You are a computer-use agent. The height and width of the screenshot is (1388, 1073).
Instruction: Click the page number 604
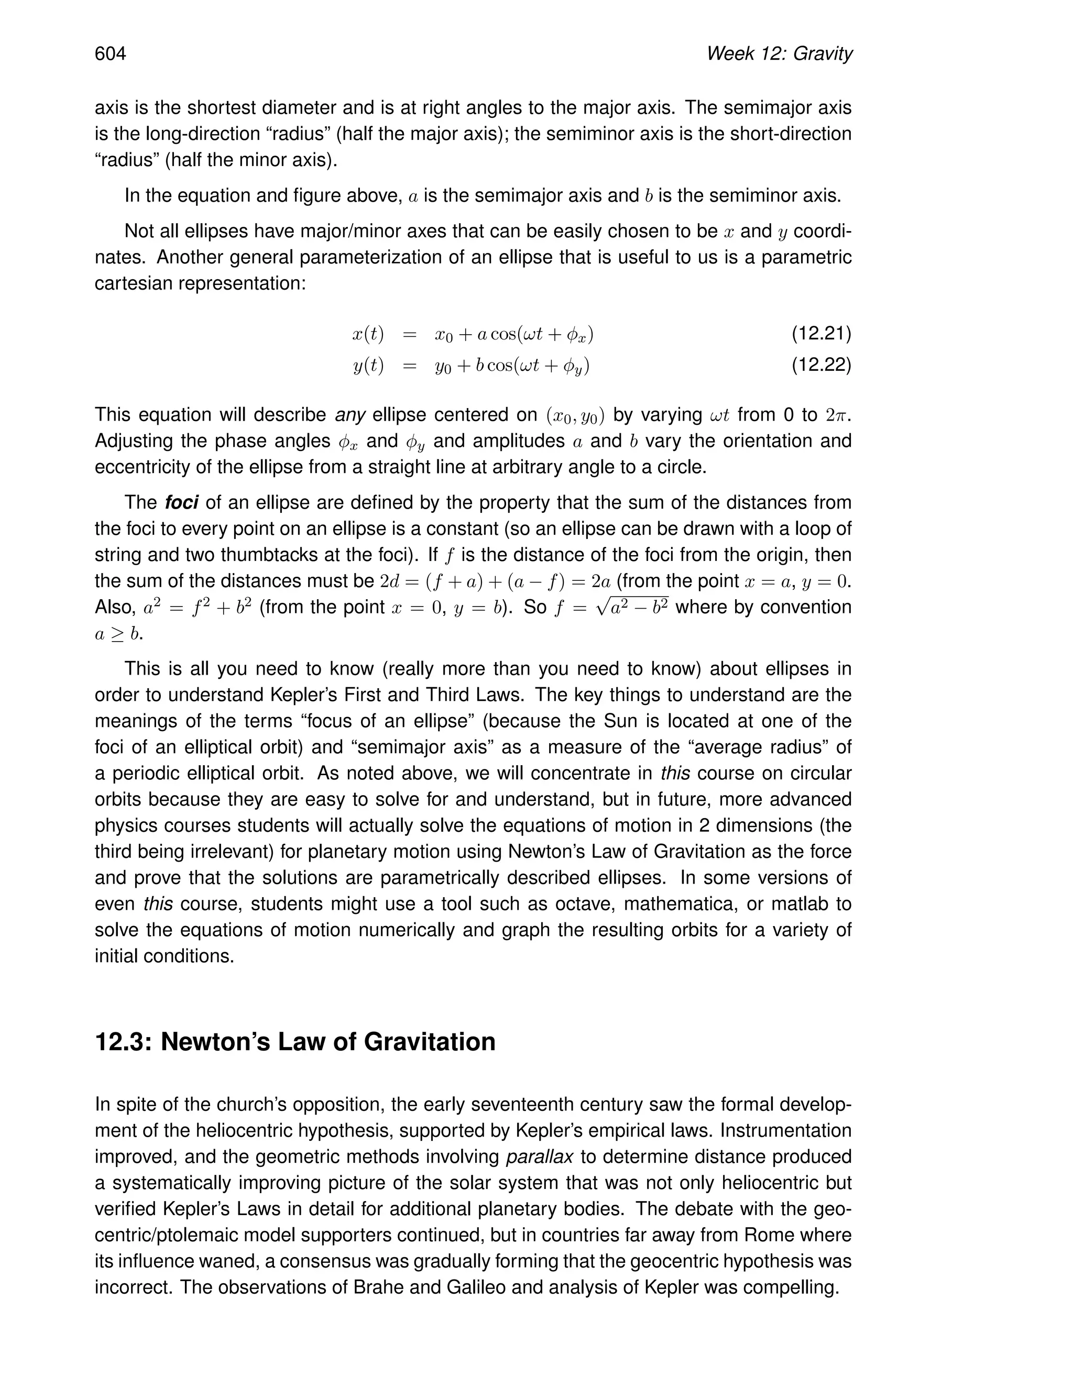(111, 54)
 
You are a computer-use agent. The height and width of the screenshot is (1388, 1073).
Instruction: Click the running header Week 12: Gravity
(779, 54)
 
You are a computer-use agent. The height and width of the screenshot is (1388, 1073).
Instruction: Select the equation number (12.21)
(820, 334)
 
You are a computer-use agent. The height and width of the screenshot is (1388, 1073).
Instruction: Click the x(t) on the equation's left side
(368, 334)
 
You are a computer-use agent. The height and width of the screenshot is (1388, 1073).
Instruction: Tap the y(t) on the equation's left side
(368, 366)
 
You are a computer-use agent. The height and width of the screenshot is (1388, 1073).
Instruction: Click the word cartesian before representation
(134, 283)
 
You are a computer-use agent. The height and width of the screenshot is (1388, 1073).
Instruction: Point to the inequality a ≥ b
(118, 634)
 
